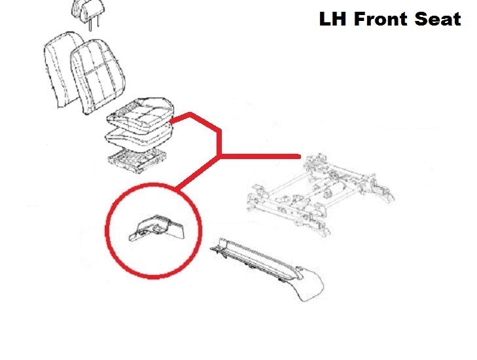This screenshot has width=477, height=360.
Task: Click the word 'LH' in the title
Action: pos(332,19)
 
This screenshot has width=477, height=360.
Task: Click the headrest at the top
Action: pos(80,9)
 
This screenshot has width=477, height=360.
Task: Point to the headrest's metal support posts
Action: pos(94,22)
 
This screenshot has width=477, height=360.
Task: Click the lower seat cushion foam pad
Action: pos(139,138)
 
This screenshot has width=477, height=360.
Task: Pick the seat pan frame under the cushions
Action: pos(137,160)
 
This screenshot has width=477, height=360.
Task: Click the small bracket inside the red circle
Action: pos(156,228)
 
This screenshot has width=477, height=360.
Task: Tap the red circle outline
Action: pos(107,230)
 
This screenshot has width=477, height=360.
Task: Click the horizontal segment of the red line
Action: pos(260,156)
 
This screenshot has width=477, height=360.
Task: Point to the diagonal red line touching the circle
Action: pos(198,173)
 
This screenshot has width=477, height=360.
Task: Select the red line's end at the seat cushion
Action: pos(171,121)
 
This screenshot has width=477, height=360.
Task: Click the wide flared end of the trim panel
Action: pos(309,283)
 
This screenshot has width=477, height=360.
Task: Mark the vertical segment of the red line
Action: pos(219,143)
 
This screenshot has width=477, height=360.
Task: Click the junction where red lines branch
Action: pos(219,156)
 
